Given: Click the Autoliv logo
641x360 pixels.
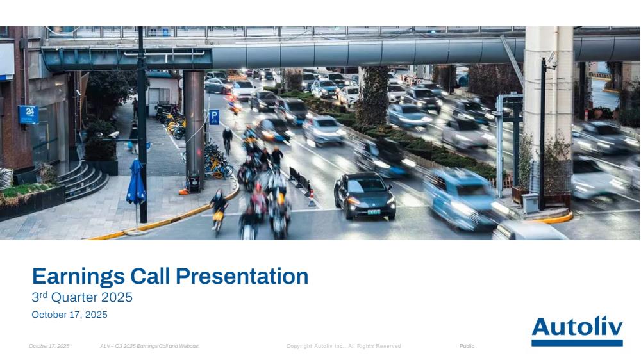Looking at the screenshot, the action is (x=577, y=331).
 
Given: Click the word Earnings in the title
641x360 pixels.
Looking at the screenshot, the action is (x=78, y=277).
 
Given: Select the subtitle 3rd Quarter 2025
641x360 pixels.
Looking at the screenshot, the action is (x=82, y=297).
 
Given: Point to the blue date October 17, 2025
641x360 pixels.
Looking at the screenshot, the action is (x=69, y=315).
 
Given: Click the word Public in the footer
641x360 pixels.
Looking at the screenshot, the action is (x=467, y=346).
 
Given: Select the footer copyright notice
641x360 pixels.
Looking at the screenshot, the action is (x=344, y=346).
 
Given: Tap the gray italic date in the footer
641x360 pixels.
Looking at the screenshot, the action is (x=49, y=346).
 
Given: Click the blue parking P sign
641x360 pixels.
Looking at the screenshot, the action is (x=214, y=117).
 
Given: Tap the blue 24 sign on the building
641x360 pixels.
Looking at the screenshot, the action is (x=28, y=115).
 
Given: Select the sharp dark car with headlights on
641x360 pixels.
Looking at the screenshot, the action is (x=365, y=195).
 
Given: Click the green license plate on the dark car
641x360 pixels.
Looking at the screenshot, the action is (x=374, y=211).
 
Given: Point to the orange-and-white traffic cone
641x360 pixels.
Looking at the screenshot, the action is (x=312, y=198).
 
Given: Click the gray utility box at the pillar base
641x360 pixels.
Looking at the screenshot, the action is (x=530, y=203).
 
